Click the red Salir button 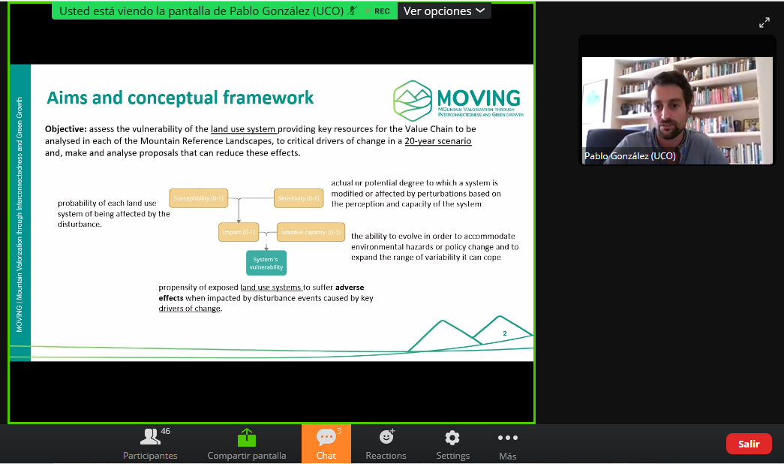pos(749,444)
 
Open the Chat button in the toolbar pos(326,443)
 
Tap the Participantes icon pos(151,437)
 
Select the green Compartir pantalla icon pos(247,437)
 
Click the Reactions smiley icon pos(386,437)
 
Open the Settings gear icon pos(452,438)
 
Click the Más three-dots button pos(508,438)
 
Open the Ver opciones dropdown pos(444,11)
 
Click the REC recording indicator pos(381,11)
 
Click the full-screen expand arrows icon pos(764,23)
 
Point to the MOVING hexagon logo pos(412,99)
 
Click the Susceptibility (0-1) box pos(198,198)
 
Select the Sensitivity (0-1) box pos(299,198)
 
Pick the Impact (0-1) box pos(239,232)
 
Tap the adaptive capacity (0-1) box pos(311,232)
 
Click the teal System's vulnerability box pos(266,263)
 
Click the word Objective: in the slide pos(66,128)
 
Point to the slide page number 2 pos(504,333)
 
